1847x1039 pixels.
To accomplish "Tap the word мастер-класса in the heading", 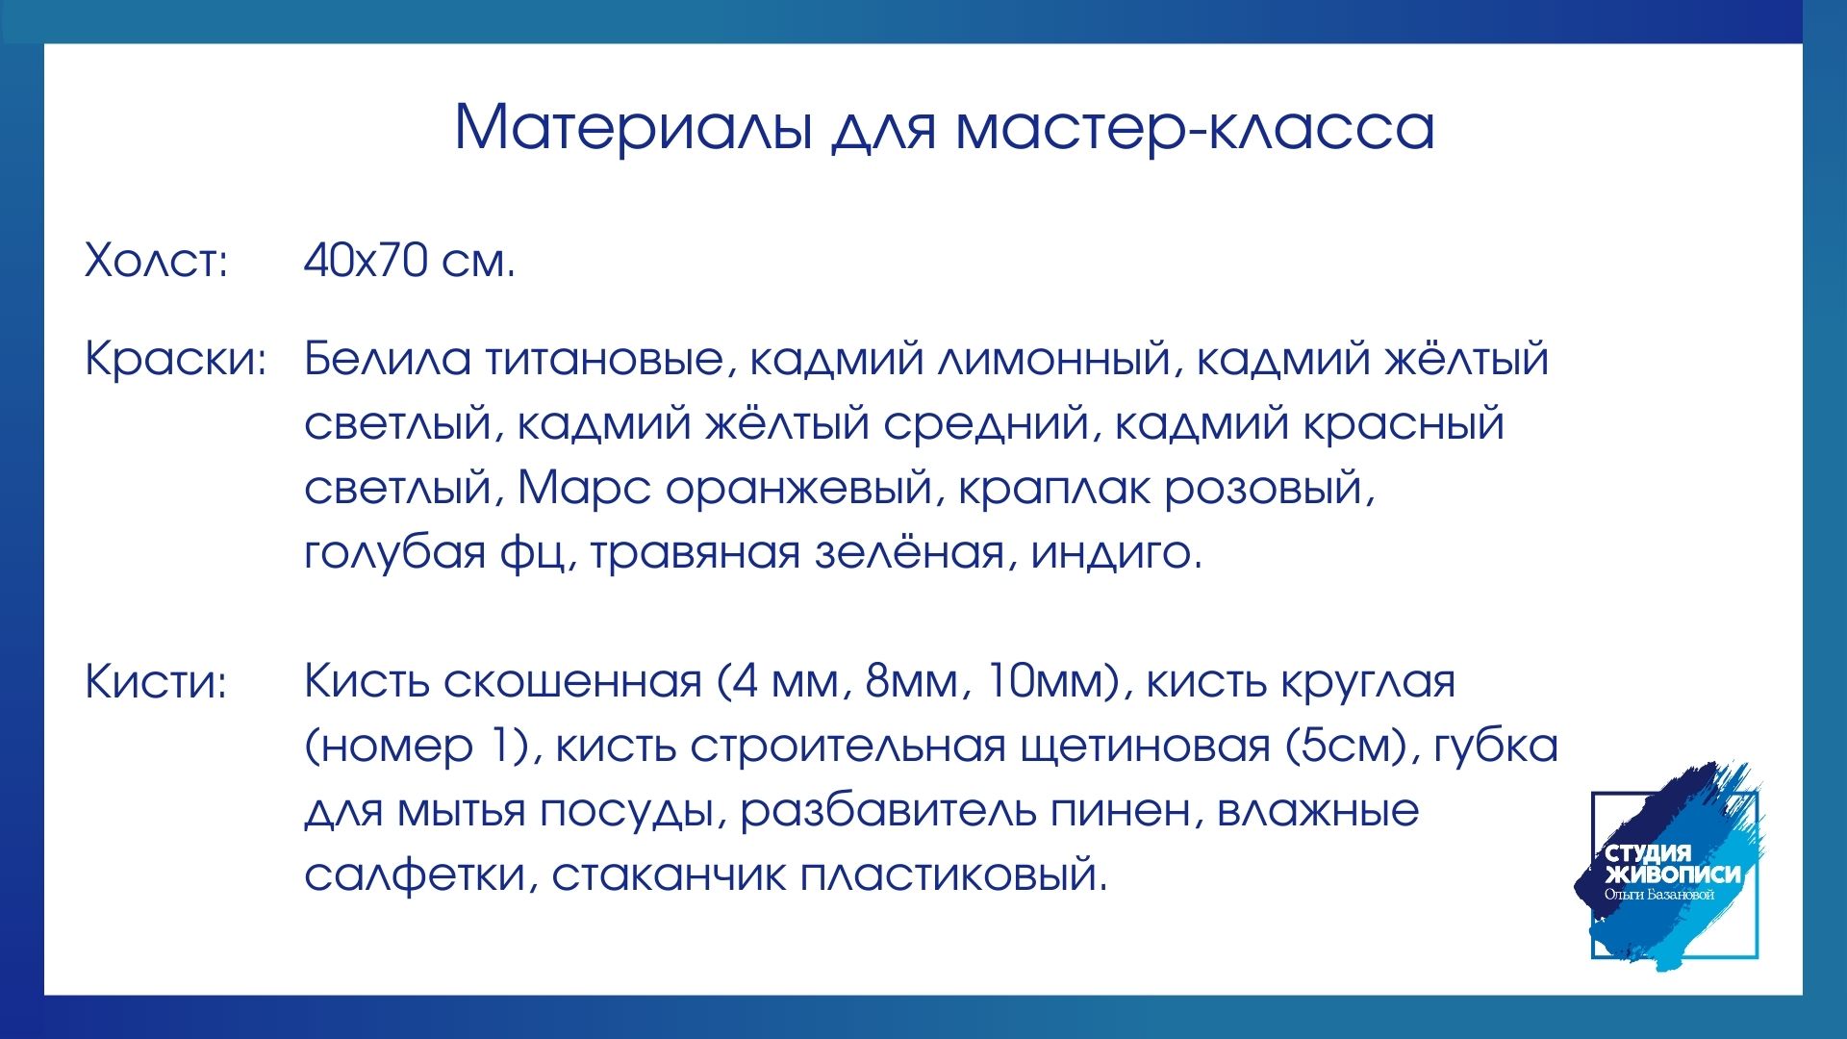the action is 1196,127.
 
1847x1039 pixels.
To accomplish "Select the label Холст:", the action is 157,260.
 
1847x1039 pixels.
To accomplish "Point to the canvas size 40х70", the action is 366,260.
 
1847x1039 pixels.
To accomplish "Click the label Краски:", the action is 175,359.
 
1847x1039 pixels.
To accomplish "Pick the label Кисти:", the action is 156,681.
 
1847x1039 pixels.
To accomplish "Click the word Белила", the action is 388,359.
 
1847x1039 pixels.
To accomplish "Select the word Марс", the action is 584,489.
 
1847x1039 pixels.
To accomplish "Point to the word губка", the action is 1496,747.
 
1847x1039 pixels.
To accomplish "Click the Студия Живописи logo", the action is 1671,869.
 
